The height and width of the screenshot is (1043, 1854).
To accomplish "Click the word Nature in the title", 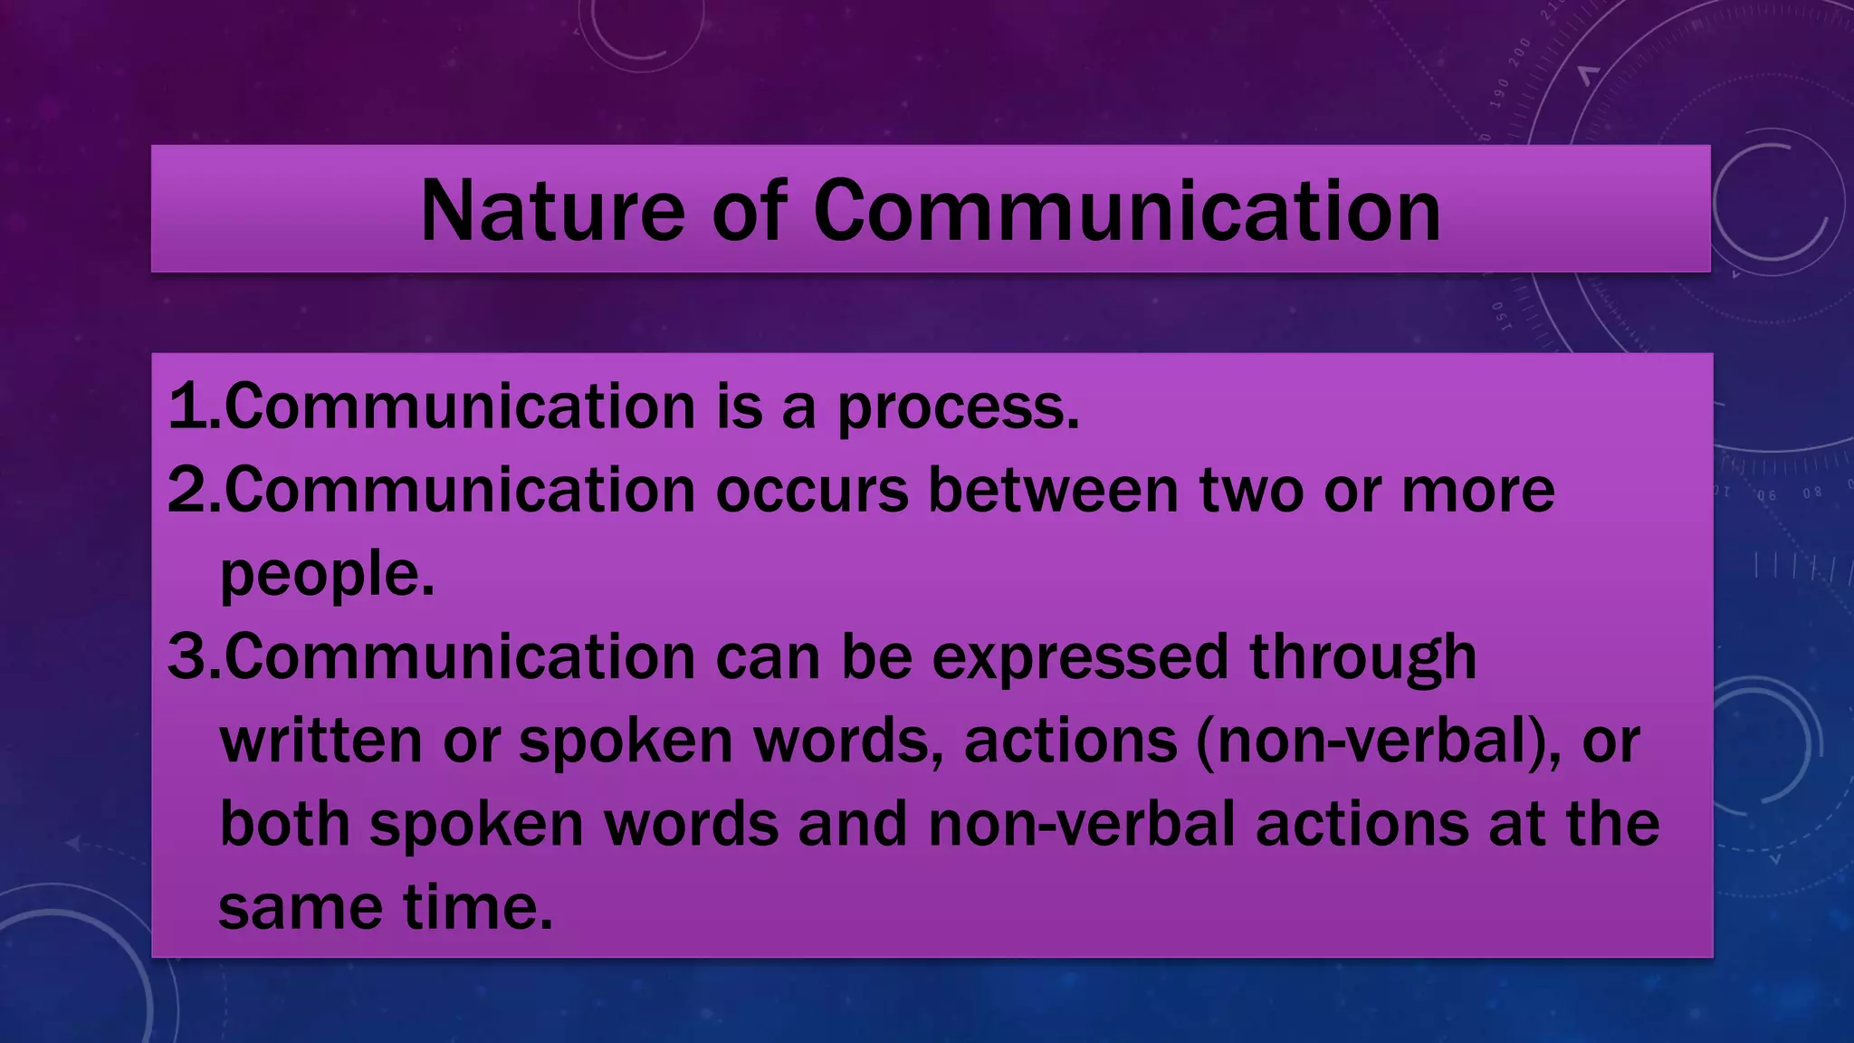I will pos(551,211).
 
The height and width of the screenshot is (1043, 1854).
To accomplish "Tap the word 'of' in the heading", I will pos(748,211).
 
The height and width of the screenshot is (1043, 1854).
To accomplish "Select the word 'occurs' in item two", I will pos(811,491).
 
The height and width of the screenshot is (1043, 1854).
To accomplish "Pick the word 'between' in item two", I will pos(1053,491).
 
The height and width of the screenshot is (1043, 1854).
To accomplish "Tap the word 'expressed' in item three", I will pos(1079,658).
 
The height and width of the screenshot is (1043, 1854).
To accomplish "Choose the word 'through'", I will pos(1362,658).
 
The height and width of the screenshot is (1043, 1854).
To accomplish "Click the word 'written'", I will pos(320,741).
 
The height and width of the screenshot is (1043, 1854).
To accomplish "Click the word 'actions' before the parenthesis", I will pos(1070,741).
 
